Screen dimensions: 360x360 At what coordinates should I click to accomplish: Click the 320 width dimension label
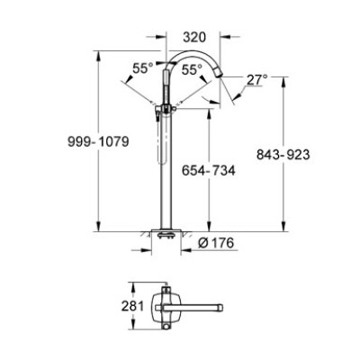[194, 37]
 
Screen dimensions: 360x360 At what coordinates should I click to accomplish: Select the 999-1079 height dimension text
[98, 141]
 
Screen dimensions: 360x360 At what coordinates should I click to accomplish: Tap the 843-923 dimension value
[283, 155]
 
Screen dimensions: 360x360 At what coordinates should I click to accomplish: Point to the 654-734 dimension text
[209, 171]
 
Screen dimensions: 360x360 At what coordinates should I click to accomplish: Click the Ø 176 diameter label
[216, 243]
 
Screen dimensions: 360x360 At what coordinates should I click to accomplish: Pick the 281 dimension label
[132, 306]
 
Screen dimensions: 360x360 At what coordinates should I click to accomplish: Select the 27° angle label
[257, 80]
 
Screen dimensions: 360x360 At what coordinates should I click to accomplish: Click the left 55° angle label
[143, 68]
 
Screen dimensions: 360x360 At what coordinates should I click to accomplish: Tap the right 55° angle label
[192, 70]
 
